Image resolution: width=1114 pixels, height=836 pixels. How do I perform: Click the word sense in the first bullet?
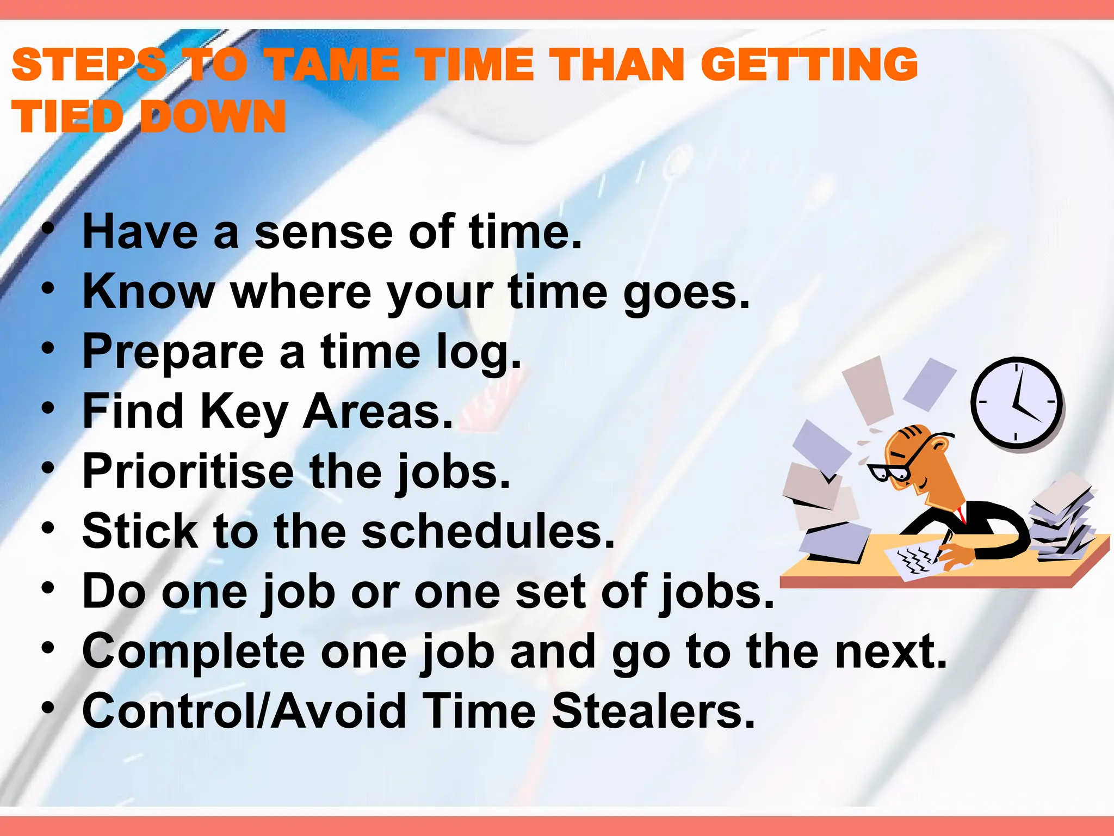coord(323,232)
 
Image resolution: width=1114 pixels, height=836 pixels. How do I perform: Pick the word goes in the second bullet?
coord(686,293)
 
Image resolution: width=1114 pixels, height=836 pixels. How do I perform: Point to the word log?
coord(479,353)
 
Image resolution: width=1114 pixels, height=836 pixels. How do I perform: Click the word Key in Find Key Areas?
coord(244,412)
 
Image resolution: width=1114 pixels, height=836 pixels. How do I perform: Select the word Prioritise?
coord(188,471)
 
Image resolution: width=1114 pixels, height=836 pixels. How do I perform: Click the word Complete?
coord(193,652)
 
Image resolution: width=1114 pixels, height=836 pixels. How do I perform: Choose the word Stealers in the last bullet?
coord(653,711)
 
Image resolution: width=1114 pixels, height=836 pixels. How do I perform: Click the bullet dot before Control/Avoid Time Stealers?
coord(48,707)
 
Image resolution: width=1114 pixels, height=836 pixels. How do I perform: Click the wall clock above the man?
coord(1016,403)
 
